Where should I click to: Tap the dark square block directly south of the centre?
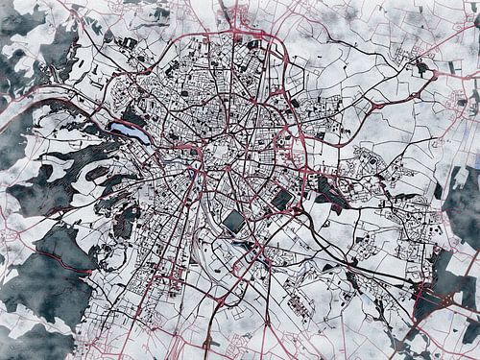[234, 222]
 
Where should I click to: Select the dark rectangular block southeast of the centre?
[282, 199]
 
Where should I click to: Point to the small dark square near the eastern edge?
[473, 96]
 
